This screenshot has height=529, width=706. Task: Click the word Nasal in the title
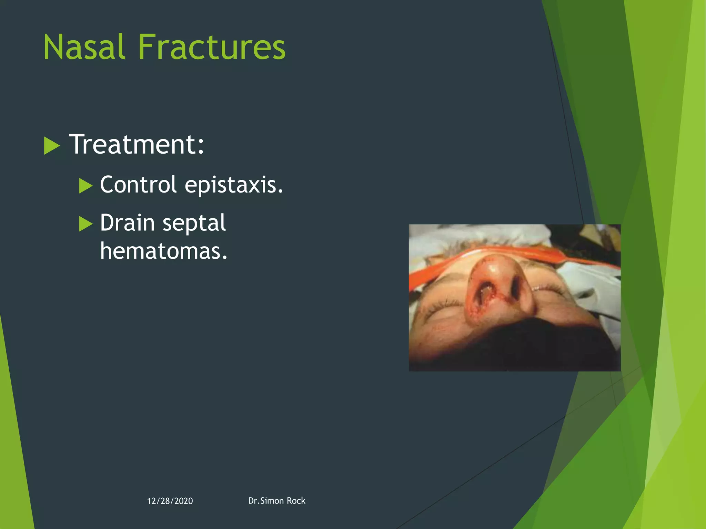84,47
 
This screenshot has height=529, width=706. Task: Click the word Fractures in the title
212,47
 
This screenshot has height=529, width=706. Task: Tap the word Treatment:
137,144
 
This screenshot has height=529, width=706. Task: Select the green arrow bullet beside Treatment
52,146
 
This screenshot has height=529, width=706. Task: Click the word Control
138,185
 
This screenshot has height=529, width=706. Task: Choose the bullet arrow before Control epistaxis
85,186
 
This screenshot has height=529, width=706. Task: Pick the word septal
194,223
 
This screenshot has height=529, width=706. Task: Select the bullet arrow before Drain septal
85,224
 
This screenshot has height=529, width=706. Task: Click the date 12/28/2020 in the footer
170,501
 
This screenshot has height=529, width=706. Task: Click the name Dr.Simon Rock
276,501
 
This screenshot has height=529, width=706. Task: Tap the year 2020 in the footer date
184,501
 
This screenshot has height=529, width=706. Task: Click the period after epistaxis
280,191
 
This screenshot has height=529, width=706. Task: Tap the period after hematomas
225,257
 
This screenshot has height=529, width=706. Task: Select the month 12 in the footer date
151,501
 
